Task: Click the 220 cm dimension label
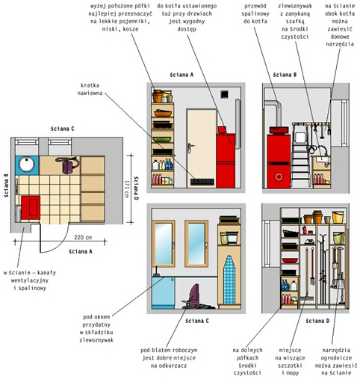coord(83,237)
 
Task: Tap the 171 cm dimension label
coord(127,189)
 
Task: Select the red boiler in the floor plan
coord(31,208)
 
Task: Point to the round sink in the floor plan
coord(27,164)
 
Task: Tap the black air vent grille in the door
coord(202,182)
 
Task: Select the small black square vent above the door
coord(224,94)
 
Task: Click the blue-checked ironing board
coord(229,280)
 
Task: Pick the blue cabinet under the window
coord(164,292)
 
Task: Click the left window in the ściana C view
coord(164,244)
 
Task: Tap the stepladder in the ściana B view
coord(301,155)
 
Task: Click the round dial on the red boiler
coord(279,176)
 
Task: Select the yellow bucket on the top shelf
coord(338,218)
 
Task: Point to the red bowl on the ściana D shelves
coord(290,261)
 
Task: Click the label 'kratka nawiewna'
coord(90,89)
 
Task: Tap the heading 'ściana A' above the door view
coord(181,75)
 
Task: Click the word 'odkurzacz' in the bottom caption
coord(169,366)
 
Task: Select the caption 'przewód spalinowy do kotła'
coord(255,13)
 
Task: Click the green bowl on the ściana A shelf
coord(162,139)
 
